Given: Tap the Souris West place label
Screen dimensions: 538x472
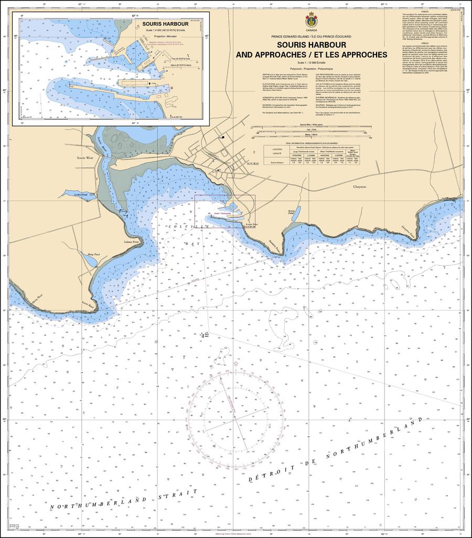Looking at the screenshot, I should [84, 158].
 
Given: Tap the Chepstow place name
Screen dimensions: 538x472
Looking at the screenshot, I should [359, 187].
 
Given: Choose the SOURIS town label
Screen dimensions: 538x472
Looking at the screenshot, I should [252, 164].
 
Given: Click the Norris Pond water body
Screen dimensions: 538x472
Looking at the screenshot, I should [295, 214].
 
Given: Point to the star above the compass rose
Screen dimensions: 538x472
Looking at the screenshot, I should [236, 364].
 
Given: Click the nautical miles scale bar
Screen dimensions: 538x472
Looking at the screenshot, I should [312, 127].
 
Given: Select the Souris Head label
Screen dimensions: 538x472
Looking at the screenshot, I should [88, 304].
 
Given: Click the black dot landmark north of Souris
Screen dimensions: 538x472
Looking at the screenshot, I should [223, 138].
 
